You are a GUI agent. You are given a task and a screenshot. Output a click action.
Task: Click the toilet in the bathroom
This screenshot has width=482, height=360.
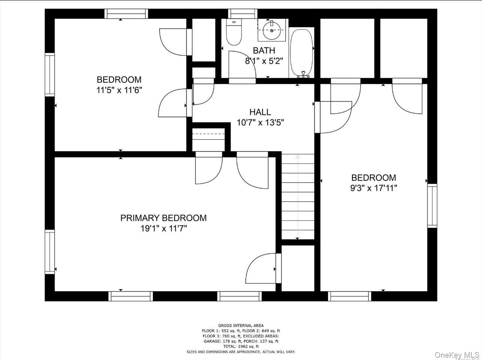234,34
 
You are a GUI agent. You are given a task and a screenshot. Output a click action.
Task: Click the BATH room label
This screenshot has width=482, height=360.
264,50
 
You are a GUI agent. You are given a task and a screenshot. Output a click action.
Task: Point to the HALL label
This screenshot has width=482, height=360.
260,112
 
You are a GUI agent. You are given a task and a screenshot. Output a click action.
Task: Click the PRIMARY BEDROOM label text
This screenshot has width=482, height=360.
163,218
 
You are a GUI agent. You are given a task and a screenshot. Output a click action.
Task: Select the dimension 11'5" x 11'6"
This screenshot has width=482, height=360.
119,90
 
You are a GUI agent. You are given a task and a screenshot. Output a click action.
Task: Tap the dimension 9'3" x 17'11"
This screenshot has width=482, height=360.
373,188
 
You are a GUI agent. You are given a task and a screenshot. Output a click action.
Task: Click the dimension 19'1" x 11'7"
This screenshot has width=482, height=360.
163,229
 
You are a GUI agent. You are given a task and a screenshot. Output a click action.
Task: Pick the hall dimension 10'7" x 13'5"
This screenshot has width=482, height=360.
260,122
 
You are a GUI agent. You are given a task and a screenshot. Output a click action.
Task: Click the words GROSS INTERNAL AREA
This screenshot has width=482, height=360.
241,325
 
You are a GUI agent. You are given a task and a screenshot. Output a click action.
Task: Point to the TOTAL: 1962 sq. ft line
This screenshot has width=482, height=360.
241,346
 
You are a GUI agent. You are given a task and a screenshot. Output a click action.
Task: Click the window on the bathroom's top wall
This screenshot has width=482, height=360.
243,14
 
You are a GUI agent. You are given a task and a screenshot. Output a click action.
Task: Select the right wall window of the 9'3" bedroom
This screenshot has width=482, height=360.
432,206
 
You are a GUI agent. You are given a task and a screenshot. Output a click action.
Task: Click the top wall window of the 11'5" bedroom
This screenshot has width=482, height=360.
126,14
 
